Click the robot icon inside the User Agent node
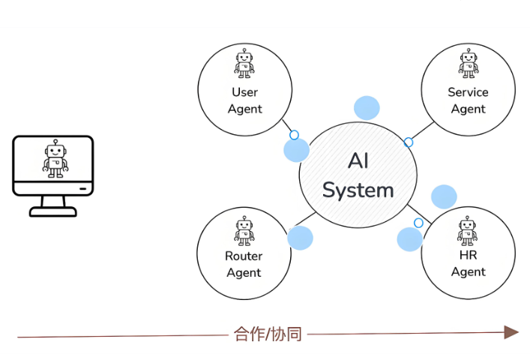244,64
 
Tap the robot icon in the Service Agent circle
469,64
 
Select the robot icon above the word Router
244,231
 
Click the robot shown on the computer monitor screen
55,160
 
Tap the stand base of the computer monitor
53,210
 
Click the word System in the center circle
358,190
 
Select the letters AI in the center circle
358,161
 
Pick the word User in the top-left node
244,92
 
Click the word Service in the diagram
468,92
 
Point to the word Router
244,256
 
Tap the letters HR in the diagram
468,256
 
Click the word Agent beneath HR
468,272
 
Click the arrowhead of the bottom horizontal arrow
511,333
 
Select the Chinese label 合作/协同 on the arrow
268,334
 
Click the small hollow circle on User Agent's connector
294,135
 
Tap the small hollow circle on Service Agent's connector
409,142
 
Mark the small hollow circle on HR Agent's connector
419,223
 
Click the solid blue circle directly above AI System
367,108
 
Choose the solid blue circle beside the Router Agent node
300,238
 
